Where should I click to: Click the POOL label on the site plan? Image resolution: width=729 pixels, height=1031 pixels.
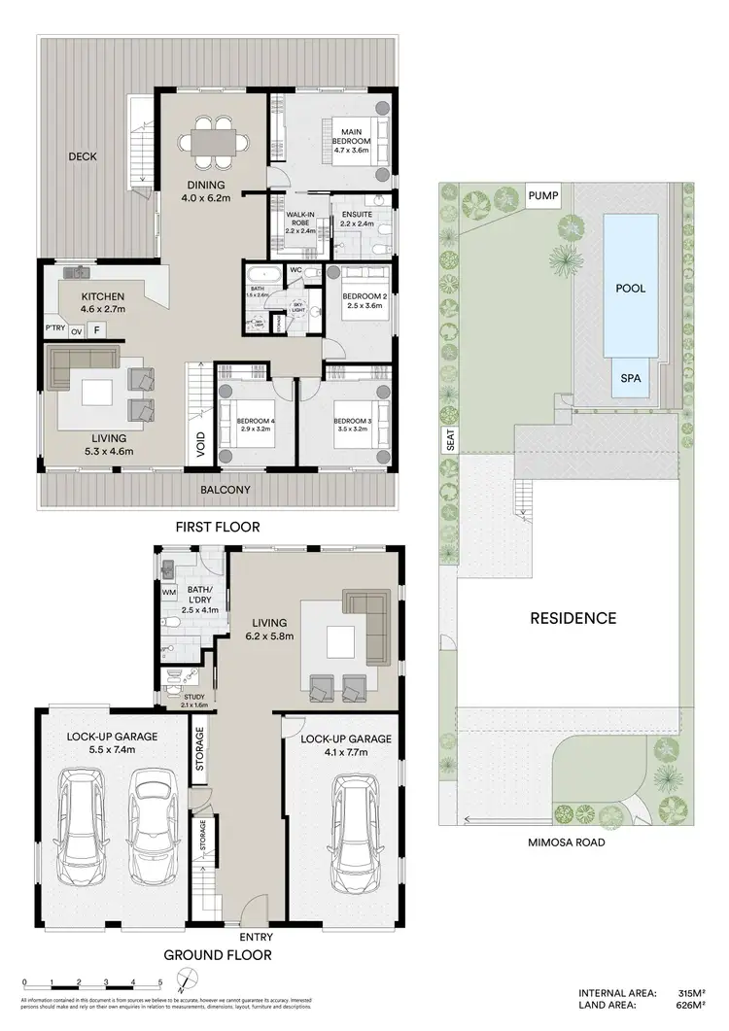pyautogui.click(x=630, y=289)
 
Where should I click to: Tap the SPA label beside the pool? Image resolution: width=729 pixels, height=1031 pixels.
pyautogui.click(x=630, y=379)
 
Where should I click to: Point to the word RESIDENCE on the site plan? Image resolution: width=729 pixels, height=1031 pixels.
pyautogui.click(x=573, y=618)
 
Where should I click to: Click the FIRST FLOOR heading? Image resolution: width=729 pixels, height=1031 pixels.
pyautogui.click(x=217, y=527)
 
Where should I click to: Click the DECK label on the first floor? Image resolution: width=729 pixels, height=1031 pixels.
pyautogui.click(x=83, y=156)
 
